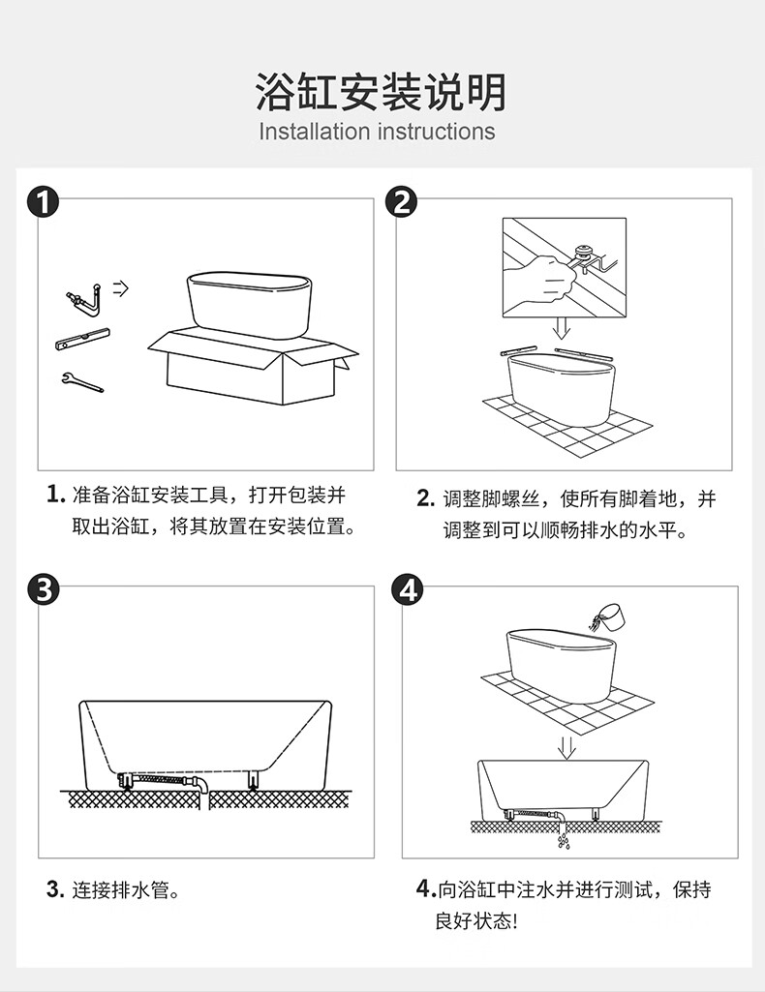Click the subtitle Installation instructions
pos(377,131)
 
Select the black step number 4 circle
pos(410,588)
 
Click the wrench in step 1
pos(81,381)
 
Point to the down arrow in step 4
pos(566,746)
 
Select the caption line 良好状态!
pos(475,919)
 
